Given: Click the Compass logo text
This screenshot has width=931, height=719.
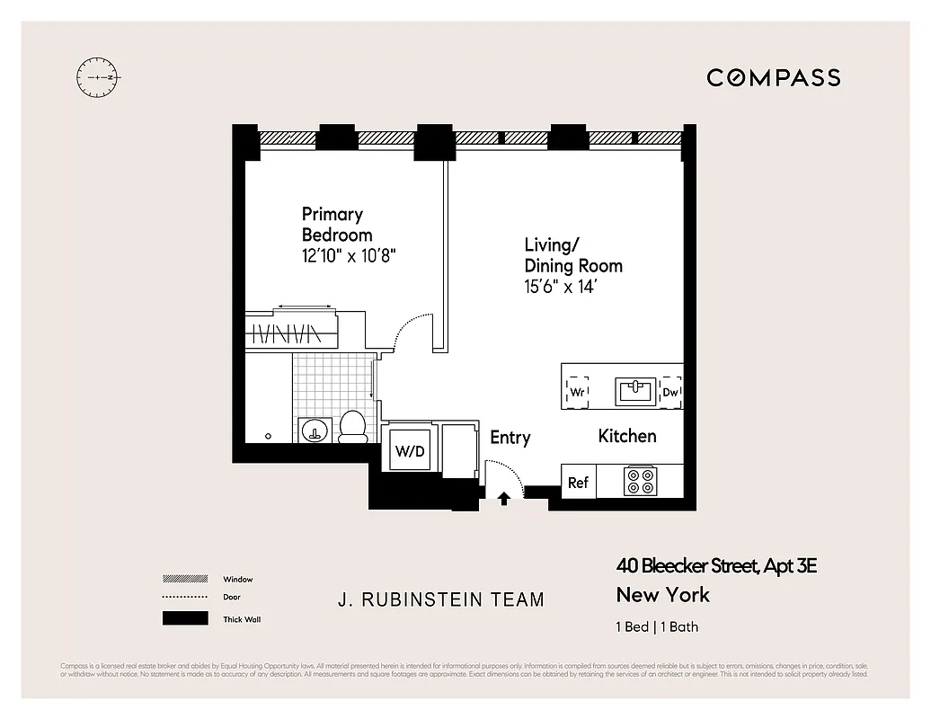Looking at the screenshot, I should coord(773,77).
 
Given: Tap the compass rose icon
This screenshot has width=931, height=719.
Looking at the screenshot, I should coord(98,78).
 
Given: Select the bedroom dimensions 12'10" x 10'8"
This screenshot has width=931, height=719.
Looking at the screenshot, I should coord(349,255).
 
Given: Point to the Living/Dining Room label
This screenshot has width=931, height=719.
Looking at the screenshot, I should coord(572,255).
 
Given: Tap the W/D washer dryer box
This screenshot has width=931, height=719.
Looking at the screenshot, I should coord(410,452).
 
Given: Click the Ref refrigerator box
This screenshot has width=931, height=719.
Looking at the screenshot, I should coord(578,483).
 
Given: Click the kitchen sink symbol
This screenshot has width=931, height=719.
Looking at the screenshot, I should coord(636,391).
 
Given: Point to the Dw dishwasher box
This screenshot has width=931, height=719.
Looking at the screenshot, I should coord(670,392).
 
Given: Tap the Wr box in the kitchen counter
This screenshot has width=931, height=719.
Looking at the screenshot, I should coord(578,392).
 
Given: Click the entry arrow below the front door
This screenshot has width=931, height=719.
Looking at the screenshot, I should coord(503,499).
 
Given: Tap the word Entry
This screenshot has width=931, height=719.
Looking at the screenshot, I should coord(510,438).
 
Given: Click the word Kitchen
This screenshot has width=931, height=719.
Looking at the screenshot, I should coord(627,436).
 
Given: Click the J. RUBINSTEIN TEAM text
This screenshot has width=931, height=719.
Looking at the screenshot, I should coord(440,599).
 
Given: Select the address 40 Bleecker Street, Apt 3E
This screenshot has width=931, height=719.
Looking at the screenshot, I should coord(716,566).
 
